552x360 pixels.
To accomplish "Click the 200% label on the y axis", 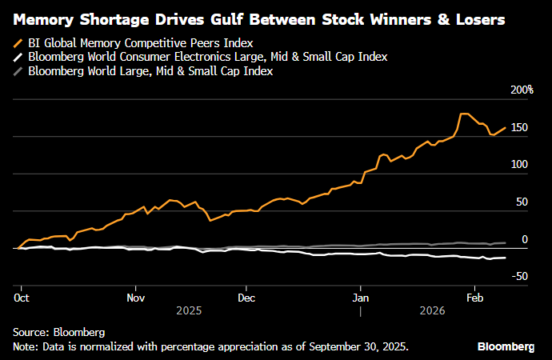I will [522, 90].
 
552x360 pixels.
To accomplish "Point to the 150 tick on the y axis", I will [520, 128].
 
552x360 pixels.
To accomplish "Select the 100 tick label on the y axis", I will [520, 165].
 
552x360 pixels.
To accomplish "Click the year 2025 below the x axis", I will [189, 310].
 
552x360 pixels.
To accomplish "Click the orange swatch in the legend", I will [18, 43].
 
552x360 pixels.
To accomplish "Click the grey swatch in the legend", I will [18, 71].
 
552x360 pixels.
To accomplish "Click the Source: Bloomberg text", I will [58, 331].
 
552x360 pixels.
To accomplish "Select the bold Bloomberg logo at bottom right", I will [506, 346].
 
